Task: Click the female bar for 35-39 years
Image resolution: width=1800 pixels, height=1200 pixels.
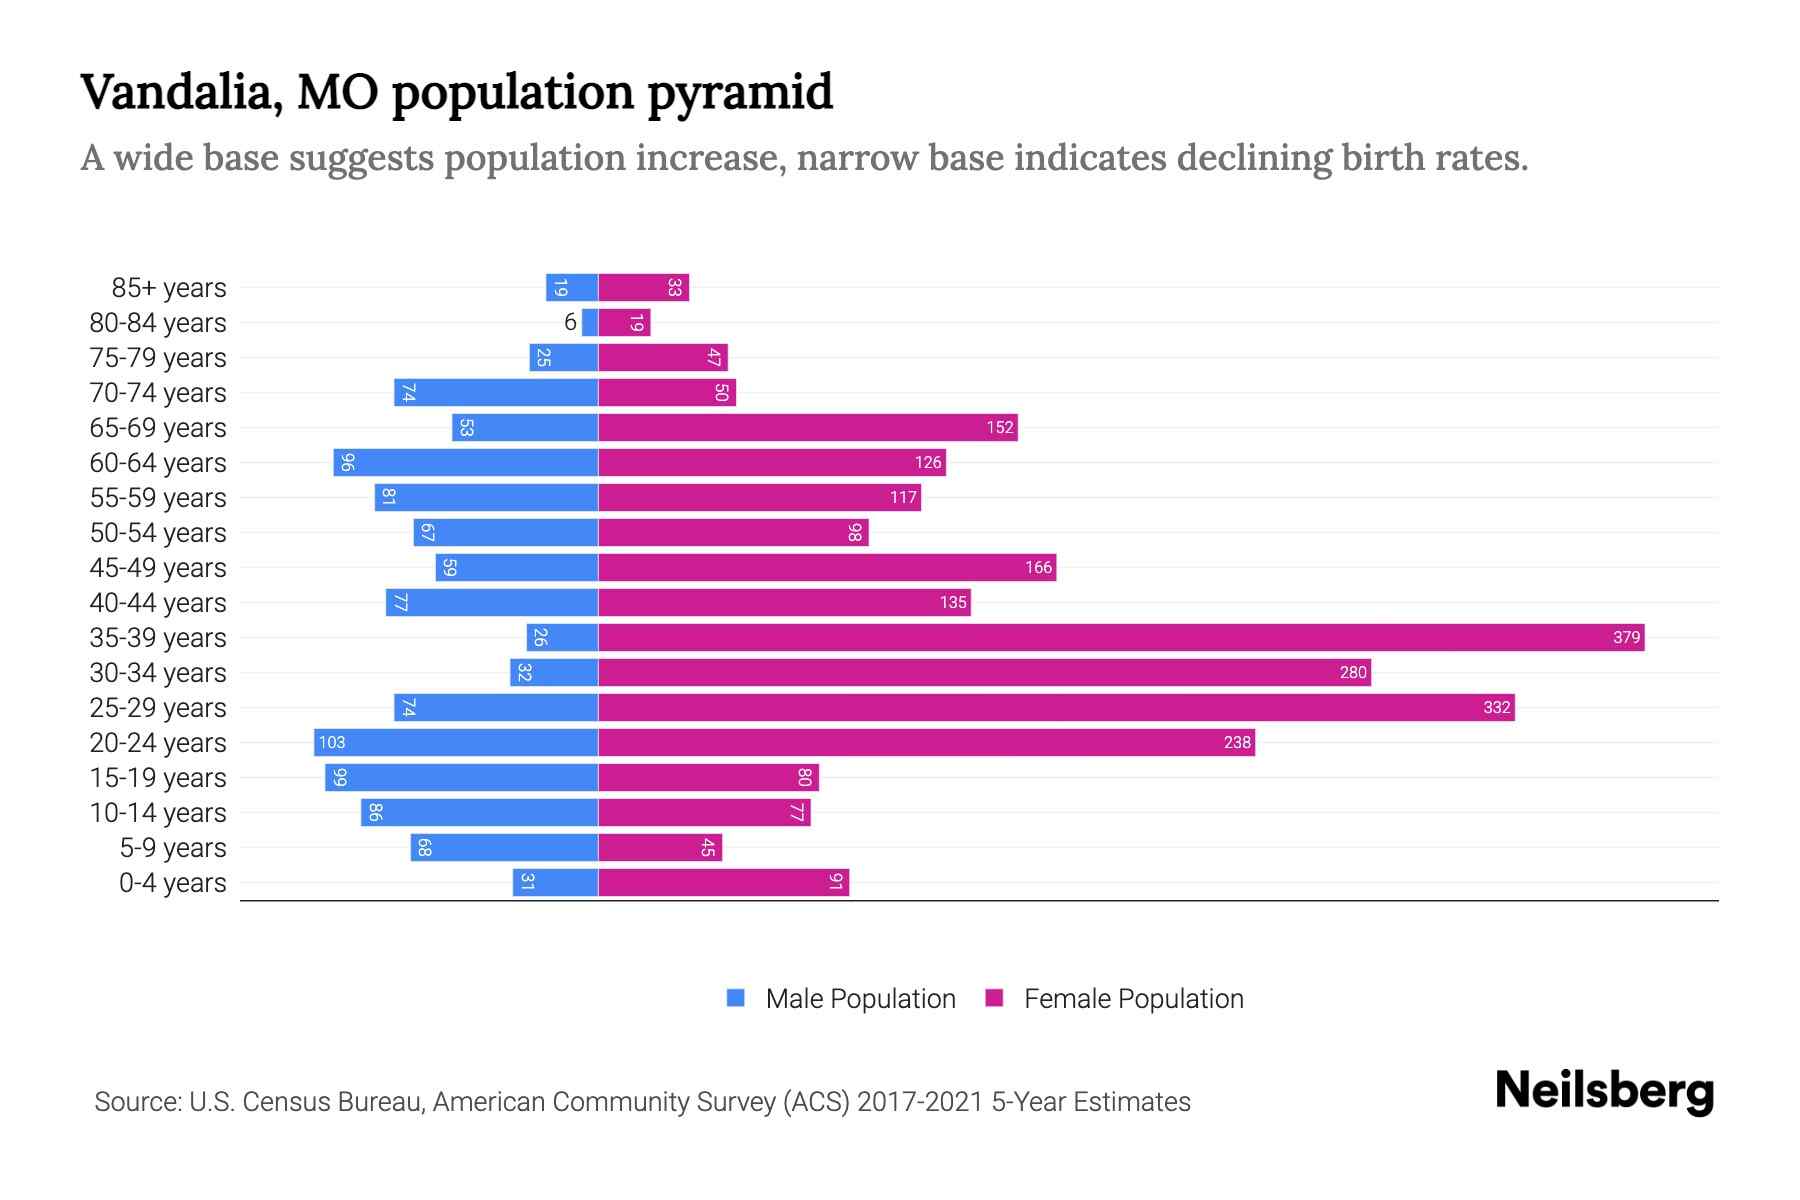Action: tap(1120, 637)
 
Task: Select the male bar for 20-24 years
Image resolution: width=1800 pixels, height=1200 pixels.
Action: tap(456, 742)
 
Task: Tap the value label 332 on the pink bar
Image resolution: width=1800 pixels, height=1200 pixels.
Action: tap(1496, 708)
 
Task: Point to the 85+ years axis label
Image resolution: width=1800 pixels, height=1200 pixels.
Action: tap(169, 288)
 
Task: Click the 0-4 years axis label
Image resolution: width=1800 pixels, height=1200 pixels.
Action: tap(172, 883)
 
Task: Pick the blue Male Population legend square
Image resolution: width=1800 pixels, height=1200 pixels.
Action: tap(736, 998)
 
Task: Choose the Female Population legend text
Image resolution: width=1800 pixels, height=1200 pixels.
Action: tap(1133, 999)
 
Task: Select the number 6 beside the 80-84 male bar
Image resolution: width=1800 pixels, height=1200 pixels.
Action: tap(570, 322)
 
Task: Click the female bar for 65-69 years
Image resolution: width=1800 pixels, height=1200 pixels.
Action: tap(807, 427)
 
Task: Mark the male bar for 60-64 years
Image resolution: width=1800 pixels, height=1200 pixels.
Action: tap(466, 462)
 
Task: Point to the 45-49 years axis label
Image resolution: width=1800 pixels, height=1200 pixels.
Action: tap(158, 568)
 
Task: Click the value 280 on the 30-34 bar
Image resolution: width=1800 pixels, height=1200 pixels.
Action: tap(1352, 673)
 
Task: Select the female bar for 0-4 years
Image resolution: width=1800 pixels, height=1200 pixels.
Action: tap(723, 882)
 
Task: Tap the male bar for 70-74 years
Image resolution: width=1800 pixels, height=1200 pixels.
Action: tap(496, 392)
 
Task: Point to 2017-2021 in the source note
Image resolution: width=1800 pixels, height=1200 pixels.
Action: tap(919, 1102)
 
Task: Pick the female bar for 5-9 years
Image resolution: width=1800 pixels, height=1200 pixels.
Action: tap(660, 847)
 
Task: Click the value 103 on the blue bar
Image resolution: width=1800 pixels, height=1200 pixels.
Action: tap(332, 743)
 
